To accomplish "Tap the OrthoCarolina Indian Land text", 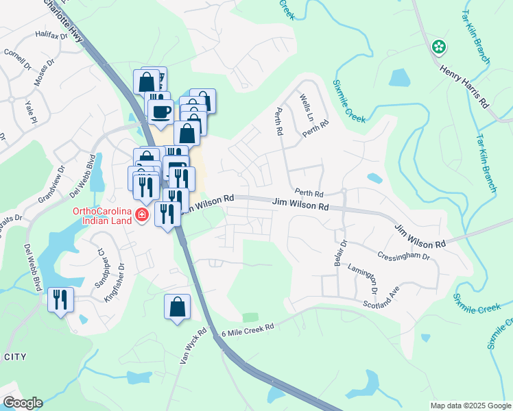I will [x=103, y=215].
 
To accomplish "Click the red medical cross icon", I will [x=142, y=216].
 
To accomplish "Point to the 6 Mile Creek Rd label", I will [x=248, y=328].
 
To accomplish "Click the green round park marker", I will [x=438, y=47].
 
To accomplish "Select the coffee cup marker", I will [x=161, y=111].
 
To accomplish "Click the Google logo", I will [x=23, y=403].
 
